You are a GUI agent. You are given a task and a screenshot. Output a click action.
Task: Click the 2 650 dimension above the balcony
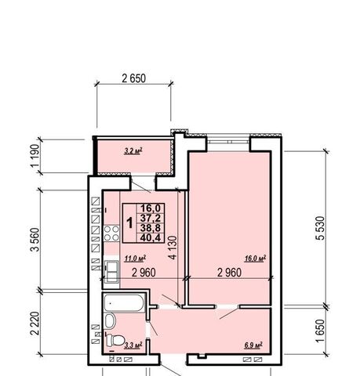point(133,78)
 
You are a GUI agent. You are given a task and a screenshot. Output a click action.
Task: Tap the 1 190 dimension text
point(35,156)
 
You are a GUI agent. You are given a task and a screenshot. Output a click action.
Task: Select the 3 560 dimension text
point(35,240)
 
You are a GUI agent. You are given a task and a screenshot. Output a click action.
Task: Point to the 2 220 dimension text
point(35,324)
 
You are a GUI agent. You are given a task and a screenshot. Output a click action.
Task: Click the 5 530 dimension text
point(320,228)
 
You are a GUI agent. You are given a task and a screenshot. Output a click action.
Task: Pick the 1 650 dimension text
point(320,331)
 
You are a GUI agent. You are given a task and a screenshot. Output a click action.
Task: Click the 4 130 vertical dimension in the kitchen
point(173,248)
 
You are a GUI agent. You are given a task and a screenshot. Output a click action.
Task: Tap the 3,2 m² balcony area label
point(133,151)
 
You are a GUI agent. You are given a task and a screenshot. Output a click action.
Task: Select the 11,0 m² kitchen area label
point(135,258)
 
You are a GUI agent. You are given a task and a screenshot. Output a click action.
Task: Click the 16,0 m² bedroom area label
point(255,258)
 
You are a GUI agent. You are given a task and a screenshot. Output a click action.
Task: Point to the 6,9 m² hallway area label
point(253,345)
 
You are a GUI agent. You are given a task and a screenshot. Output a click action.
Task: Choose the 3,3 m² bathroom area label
point(133,345)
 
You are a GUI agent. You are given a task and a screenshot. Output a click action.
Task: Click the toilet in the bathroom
point(115,340)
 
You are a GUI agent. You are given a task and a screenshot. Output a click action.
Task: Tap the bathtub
point(124,303)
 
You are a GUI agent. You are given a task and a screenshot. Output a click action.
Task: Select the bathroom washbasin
point(110,321)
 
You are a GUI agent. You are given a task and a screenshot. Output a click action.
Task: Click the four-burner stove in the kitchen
point(111,233)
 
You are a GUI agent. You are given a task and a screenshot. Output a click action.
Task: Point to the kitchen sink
point(111,272)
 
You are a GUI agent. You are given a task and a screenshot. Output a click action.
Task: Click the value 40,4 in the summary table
point(151,237)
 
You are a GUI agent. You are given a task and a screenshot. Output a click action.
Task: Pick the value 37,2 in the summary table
point(151,218)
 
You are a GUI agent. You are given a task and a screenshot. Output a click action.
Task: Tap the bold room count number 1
point(129,223)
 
